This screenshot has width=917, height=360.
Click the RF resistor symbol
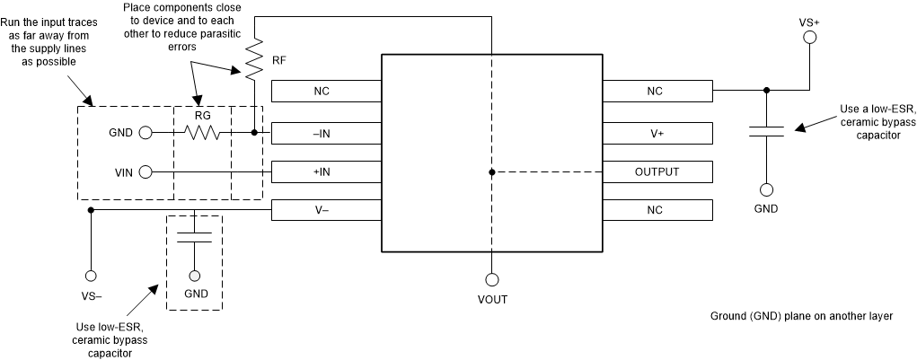(254, 59)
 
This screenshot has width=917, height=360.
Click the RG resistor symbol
(202, 133)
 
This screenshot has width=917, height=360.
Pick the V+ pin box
(657, 133)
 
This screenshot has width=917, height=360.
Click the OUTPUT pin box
(657, 171)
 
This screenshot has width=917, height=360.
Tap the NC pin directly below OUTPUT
(657, 209)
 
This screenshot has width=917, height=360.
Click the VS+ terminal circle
(808, 38)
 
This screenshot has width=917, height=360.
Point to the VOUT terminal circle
(491, 279)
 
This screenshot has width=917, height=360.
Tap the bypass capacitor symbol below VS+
(766, 132)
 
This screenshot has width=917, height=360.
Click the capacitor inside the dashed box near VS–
(194, 237)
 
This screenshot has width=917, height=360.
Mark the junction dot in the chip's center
(491, 171)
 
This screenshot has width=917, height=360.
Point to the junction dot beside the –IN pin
(254, 133)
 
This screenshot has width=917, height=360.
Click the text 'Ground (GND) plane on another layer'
(802, 317)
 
